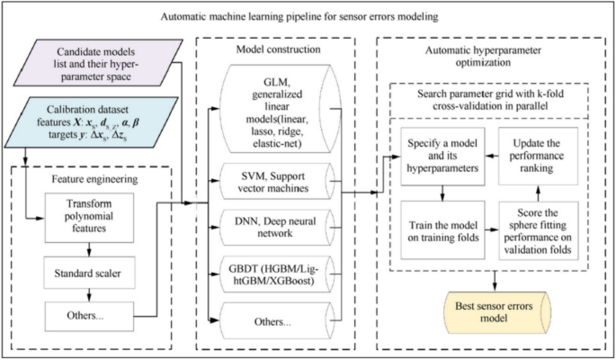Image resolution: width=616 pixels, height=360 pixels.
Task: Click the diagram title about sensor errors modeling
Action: click(x=308, y=15)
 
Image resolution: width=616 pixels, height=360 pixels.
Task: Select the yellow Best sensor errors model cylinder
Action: click(x=494, y=310)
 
